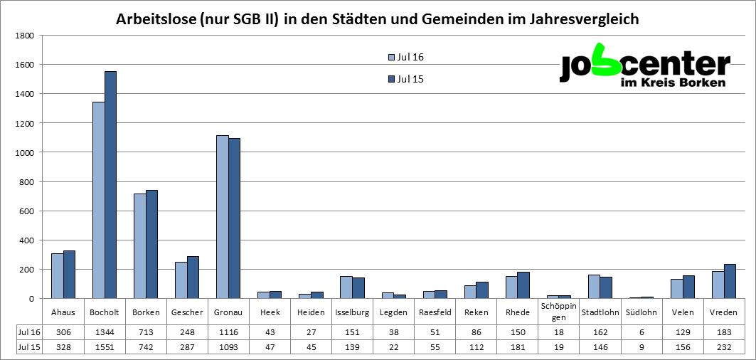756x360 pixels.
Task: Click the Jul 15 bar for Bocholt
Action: tap(110, 185)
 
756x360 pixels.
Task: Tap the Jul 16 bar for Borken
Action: tap(139, 246)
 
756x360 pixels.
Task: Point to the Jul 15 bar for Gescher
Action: tap(193, 277)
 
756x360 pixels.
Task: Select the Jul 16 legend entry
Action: tap(406, 58)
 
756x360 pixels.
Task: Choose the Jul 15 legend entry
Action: tap(406, 79)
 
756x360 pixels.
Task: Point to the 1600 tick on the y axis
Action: tap(24, 65)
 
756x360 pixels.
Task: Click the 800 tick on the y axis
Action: tap(26, 181)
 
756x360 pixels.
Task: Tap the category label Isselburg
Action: tap(352, 312)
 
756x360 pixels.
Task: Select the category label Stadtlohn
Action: tap(600, 312)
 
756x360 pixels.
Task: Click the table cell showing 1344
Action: tap(105, 332)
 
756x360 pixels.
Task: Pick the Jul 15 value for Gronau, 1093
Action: tap(228, 347)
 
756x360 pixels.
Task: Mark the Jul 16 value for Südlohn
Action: tap(641, 332)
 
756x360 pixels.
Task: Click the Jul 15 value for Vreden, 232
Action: tap(723, 347)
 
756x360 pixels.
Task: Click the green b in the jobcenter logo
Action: tap(606, 60)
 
